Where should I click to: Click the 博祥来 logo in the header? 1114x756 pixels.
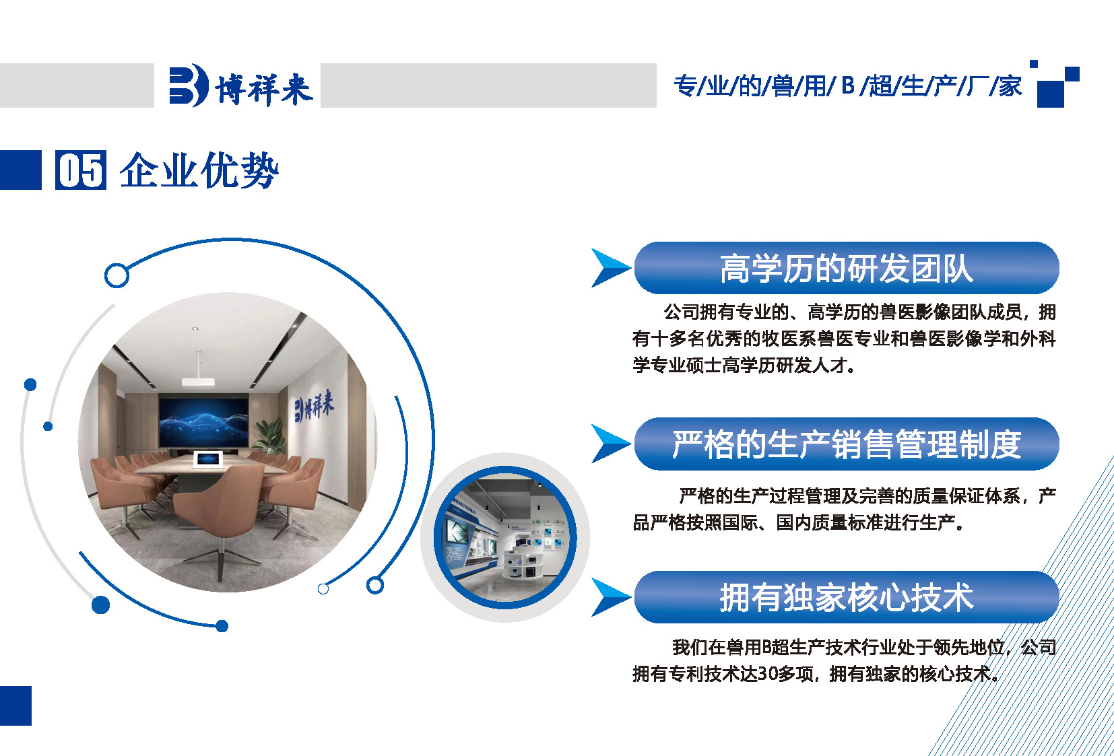pyautogui.click(x=240, y=85)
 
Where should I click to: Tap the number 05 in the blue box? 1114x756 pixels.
pyautogui.click(x=81, y=170)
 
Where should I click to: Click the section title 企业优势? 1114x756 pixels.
pyautogui.click(x=199, y=170)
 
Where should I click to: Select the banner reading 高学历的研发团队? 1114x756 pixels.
pyautogui.click(x=847, y=268)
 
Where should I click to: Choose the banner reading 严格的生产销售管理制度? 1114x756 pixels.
pyautogui.click(x=847, y=444)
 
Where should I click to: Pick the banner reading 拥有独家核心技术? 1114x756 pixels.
pyautogui.click(x=847, y=597)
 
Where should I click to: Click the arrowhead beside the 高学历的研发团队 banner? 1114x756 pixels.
pyautogui.click(x=611, y=268)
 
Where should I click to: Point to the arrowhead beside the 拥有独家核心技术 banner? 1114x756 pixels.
pyautogui.click(x=611, y=597)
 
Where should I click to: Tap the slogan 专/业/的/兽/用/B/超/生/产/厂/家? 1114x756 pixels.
pyautogui.click(x=847, y=86)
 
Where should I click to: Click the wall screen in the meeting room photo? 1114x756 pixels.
pyautogui.click(x=203, y=421)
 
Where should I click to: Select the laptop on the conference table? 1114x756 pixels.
pyautogui.click(x=207, y=460)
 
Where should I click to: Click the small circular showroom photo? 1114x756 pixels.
pyautogui.click(x=505, y=537)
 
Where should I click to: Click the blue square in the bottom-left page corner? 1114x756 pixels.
pyautogui.click(x=15, y=706)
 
